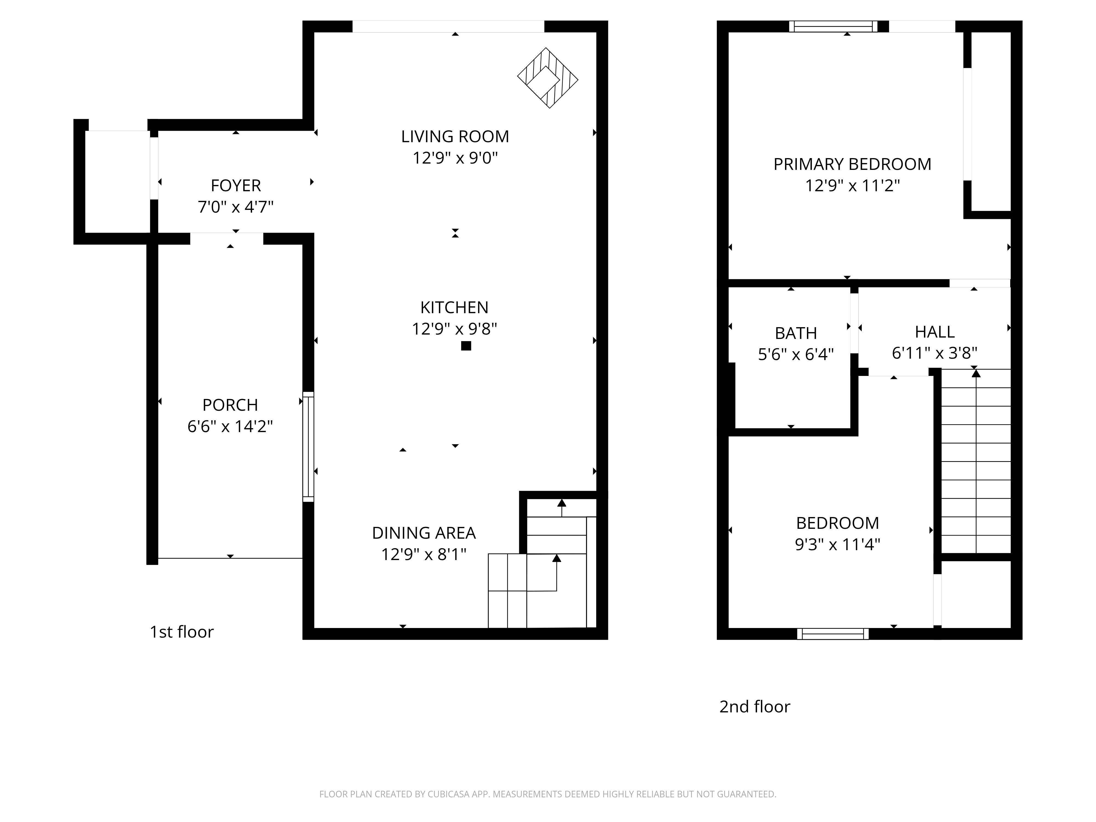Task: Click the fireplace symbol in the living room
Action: click(x=547, y=78)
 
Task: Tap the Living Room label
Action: click(x=455, y=136)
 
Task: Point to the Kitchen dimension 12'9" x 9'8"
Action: click(x=454, y=329)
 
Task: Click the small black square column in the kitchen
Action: click(x=466, y=346)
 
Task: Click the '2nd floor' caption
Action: click(x=755, y=707)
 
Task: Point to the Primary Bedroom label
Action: click(x=852, y=164)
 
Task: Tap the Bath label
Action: click(x=796, y=333)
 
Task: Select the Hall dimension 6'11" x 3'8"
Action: click(x=934, y=353)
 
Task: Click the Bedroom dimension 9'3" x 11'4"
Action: click(x=837, y=544)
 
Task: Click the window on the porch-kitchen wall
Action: click(x=308, y=447)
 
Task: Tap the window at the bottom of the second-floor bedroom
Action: click(x=833, y=634)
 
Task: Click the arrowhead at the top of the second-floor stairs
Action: click(x=976, y=373)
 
